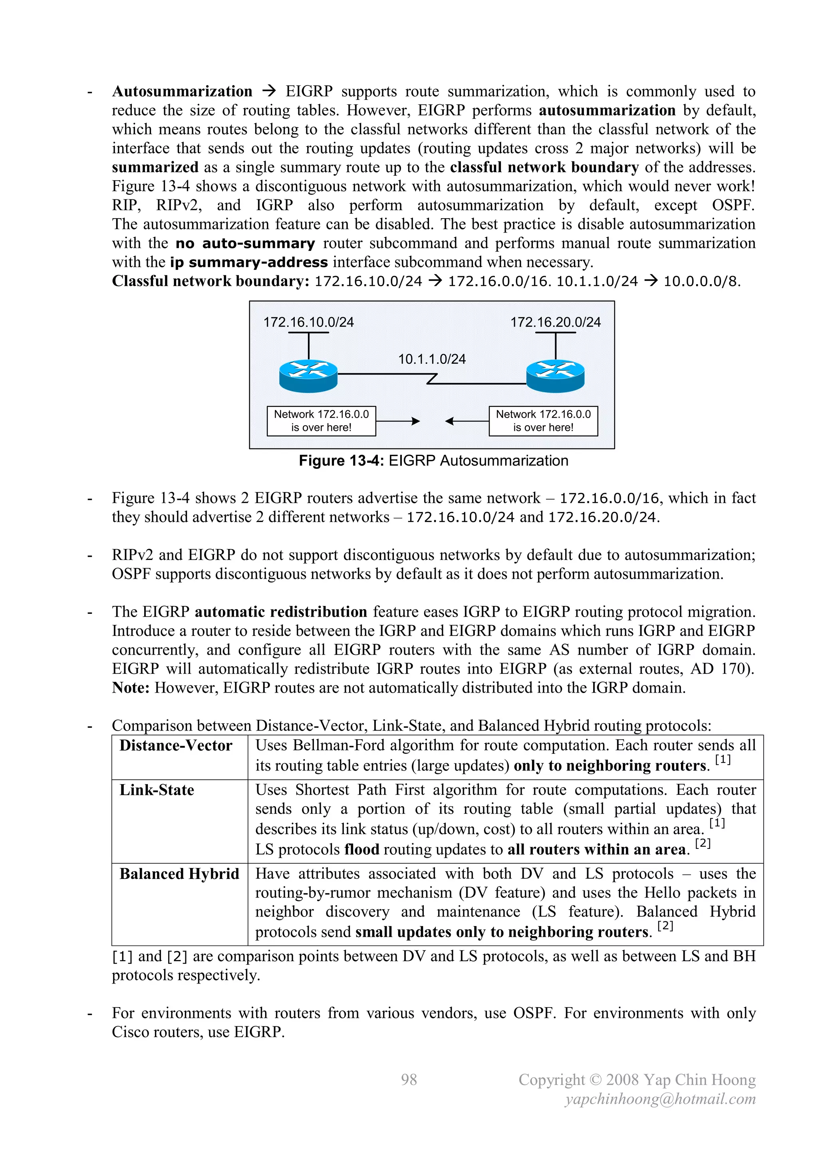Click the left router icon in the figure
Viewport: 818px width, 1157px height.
click(308, 376)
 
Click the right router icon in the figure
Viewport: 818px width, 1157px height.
click(555, 376)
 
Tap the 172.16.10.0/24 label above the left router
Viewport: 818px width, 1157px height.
click(308, 322)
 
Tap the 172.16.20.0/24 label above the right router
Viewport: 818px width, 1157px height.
click(555, 322)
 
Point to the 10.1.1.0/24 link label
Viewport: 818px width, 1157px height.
click(432, 359)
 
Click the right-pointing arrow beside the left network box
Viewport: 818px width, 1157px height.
click(398, 421)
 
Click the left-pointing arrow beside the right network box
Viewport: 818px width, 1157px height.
click(467, 421)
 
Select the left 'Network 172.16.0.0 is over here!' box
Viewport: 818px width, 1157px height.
click(322, 421)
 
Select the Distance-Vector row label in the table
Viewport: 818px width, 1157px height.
click(176, 745)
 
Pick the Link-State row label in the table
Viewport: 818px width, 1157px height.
click(157, 790)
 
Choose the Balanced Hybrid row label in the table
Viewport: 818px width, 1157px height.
click(179, 873)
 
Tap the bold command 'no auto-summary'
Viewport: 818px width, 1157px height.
click(245, 243)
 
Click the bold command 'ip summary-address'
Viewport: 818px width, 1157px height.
click(249, 263)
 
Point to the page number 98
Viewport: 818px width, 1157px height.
click(409, 1079)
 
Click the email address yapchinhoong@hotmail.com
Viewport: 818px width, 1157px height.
click(660, 1099)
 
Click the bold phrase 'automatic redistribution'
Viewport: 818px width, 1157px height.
click(280, 612)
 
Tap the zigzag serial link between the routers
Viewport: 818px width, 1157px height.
click(432, 379)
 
